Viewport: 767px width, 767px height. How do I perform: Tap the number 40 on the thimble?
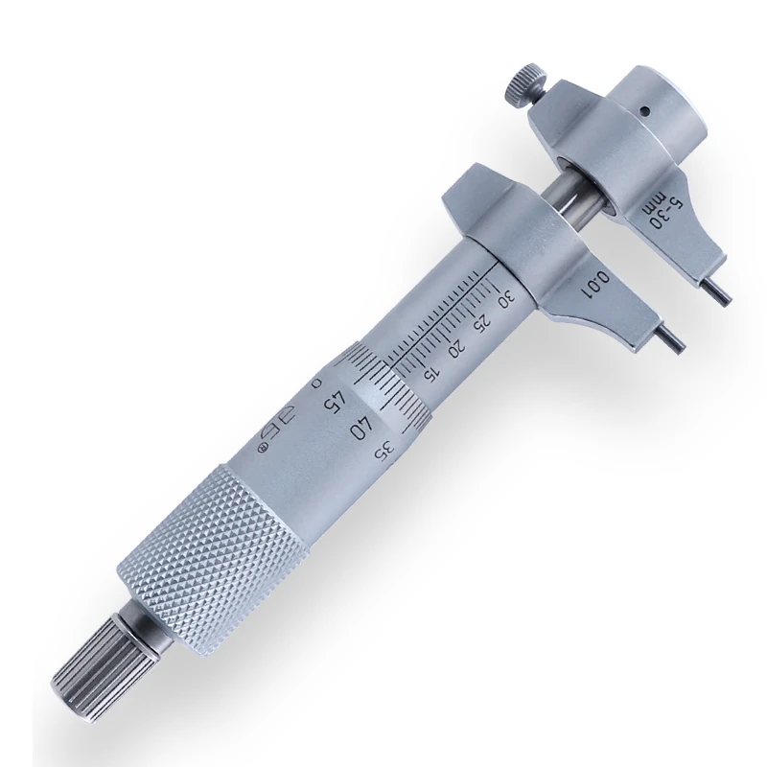[363, 428]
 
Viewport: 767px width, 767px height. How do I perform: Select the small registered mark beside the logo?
[260, 447]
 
